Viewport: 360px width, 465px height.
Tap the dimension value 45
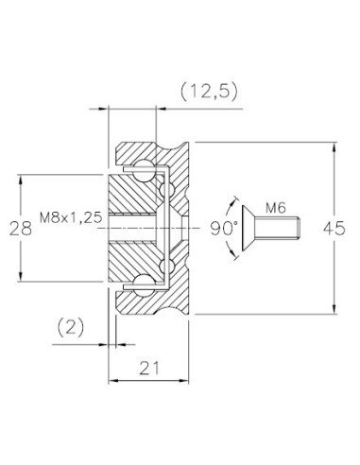pyautogui.click(x=334, y=228)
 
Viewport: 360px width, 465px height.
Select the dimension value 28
pyautogui.click(x=21, y=229)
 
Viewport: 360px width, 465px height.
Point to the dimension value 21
pyautogui.click(x=149, y=368)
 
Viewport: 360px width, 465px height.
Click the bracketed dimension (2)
pyautogui.click(x=71, y=327)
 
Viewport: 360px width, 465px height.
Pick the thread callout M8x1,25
pyautogui.click(x=71, y=217)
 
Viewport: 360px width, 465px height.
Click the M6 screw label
pyautogui.click(x=276, y=208)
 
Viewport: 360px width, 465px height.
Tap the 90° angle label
pyautogui.click(x=224, y=229)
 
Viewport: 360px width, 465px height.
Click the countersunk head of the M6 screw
pyautogui.click(x=249, y=229)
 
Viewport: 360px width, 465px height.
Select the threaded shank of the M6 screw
pyautogui.click(x=277, y=229)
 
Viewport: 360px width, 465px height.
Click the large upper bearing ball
pyautogui.click(x=144, y=170)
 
